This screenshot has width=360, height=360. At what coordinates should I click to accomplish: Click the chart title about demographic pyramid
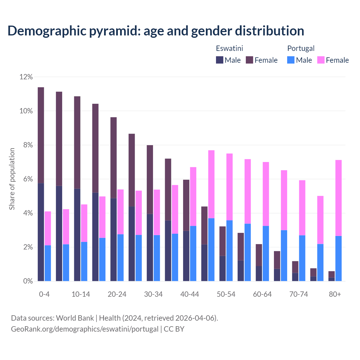[x=156, y=31]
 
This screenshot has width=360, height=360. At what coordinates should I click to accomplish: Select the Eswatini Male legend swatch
[x=220, y=60]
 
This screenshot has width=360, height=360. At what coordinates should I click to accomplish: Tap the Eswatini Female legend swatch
[x=249, y=60]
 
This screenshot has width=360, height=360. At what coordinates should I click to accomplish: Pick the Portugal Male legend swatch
[x=291, y=60]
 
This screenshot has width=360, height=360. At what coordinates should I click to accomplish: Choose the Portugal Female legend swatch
[x=321, y=60]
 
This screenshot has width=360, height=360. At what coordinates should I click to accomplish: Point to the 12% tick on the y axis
[x=26, y=77]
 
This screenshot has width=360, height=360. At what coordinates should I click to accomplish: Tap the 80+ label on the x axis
[x=335, y=294]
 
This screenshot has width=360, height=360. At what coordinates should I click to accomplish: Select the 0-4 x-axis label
[x=44, y=294]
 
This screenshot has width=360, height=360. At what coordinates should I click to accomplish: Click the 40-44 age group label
[x=190, y=294]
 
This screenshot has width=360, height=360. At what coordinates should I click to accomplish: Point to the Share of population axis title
[x=12, y=179]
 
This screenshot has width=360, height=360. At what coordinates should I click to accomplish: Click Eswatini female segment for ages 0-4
[x=41, y=135]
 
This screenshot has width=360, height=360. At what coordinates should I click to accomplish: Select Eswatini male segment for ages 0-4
[x=41, y=232]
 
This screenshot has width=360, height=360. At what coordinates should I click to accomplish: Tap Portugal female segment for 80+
[x=338, y=198]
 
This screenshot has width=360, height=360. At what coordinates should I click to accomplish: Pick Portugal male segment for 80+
[x=338, y=258]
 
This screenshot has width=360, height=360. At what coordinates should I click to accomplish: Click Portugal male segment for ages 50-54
[x=229, y=250]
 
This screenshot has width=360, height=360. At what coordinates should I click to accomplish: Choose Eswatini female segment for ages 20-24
[x=113, y=157]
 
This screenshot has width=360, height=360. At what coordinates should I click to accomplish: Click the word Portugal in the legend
[x=301, y=48]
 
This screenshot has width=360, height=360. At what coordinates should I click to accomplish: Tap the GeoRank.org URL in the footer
[x=85, y=329]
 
